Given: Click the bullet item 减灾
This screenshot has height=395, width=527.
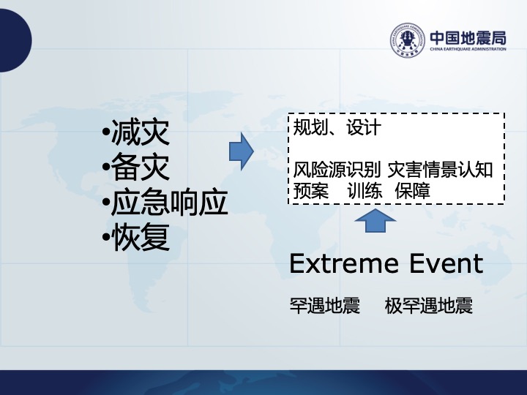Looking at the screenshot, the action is coord(136,132).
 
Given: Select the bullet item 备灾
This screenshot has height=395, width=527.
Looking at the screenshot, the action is coord(136,167).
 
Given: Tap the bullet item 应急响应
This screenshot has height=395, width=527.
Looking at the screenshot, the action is coord(165,202).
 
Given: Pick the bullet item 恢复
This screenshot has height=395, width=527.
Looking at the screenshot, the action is coord(136,236).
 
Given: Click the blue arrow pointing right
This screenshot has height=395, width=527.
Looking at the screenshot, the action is coord(242,151).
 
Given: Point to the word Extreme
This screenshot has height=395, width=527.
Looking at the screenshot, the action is coord(344,263).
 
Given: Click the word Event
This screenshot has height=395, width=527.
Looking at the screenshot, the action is coord(446,263).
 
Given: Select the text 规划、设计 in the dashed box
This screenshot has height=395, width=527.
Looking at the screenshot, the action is coord(337,127).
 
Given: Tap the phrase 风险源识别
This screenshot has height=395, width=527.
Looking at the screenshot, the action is coord(337,170).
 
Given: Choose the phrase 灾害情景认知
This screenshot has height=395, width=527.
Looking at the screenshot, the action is coord(441,170).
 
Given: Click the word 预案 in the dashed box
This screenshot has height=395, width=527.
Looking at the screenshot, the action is coord(310,191).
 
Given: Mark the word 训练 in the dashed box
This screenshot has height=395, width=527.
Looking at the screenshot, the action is coord(365,191).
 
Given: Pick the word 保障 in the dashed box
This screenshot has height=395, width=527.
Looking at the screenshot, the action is coord(412,191).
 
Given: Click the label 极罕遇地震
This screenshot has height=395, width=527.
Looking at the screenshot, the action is coord(428,306).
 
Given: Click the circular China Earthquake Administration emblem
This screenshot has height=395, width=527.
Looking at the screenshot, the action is coord(408,40).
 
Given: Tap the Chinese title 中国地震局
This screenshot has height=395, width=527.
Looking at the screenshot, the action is coord(468,37).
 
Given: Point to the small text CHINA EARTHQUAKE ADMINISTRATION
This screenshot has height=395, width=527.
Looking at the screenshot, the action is coord(468,49).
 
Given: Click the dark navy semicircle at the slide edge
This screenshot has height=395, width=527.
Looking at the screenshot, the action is coord(15,40).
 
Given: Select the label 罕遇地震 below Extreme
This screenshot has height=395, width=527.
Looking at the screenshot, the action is coord(325,306).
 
